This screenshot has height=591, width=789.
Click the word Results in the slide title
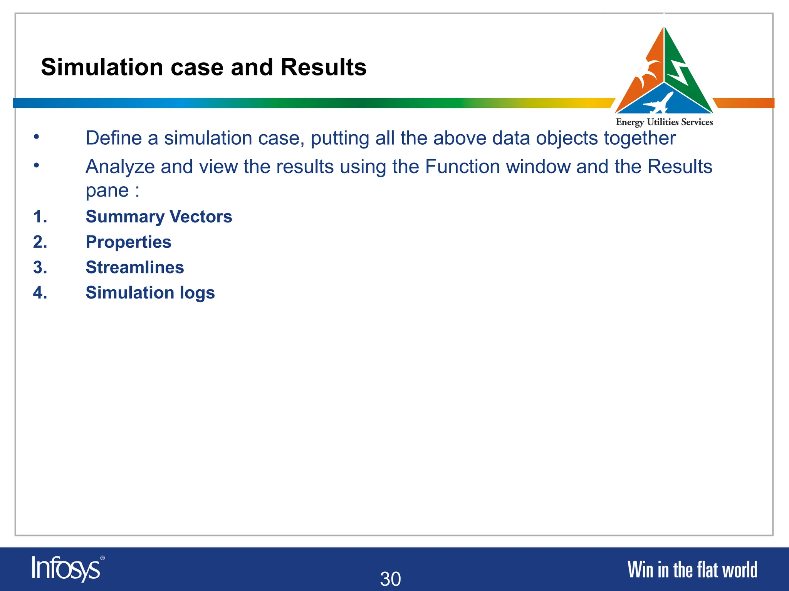(323, 67)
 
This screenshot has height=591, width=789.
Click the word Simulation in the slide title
(102, 67)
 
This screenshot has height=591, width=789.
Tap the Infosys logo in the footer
(66, 569)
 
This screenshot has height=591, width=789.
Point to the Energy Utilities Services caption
(664, 122)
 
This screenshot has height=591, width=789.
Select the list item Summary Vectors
(159, 217)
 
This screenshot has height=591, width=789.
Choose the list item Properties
(128, 242)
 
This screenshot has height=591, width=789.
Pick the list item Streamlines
(134, 267)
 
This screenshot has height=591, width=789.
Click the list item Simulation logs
(150, 293)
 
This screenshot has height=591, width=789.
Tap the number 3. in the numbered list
(40, 267)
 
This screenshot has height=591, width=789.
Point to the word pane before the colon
(107, 191)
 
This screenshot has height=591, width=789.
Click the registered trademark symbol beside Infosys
(102, 558)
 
